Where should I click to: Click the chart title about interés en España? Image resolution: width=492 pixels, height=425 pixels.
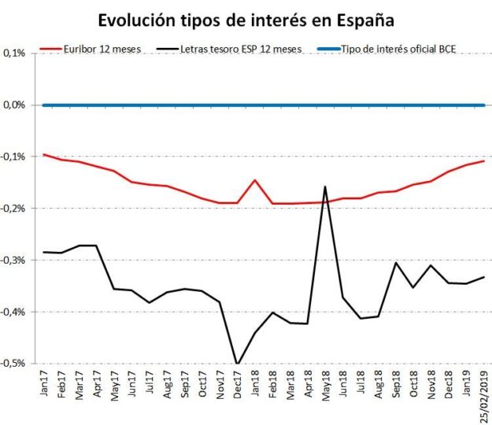(246, 19)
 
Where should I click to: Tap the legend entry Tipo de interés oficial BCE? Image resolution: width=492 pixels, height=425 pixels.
(403, 50)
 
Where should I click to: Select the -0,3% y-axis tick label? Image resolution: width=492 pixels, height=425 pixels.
(13, 260)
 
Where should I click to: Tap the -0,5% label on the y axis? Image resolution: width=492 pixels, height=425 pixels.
(13, 363)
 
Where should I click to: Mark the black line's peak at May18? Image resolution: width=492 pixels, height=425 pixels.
(325, 187)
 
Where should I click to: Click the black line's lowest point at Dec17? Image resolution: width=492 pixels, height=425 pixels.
(237, 364)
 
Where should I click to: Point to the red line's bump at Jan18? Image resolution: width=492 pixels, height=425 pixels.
(254, 180)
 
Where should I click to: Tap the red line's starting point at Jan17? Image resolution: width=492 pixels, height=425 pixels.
(44, 154)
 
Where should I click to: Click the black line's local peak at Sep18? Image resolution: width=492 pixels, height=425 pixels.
(395, 263)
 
